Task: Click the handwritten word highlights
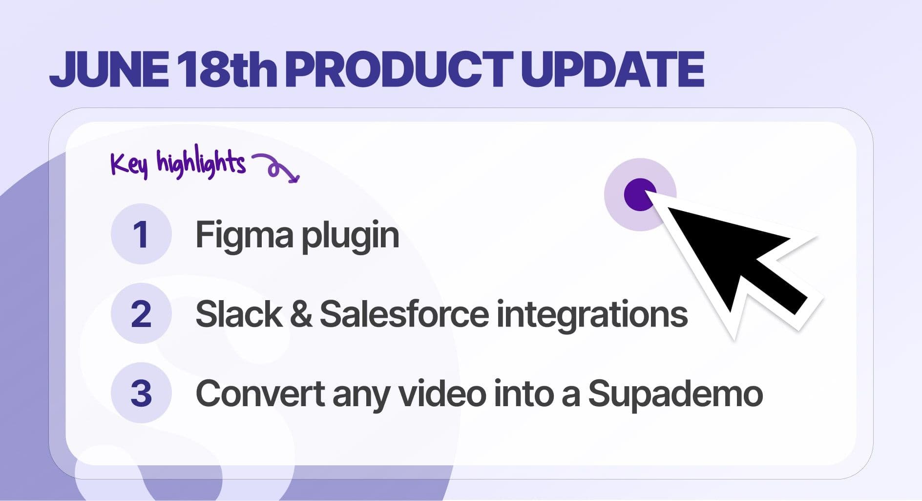[201, 163]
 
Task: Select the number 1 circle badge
[141, 234]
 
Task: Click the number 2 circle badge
[141, 313]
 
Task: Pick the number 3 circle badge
[141, 393]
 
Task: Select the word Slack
[238, 314]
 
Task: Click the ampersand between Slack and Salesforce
[301, 314]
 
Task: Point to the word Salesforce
[404, 314]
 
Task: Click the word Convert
[260, 393]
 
